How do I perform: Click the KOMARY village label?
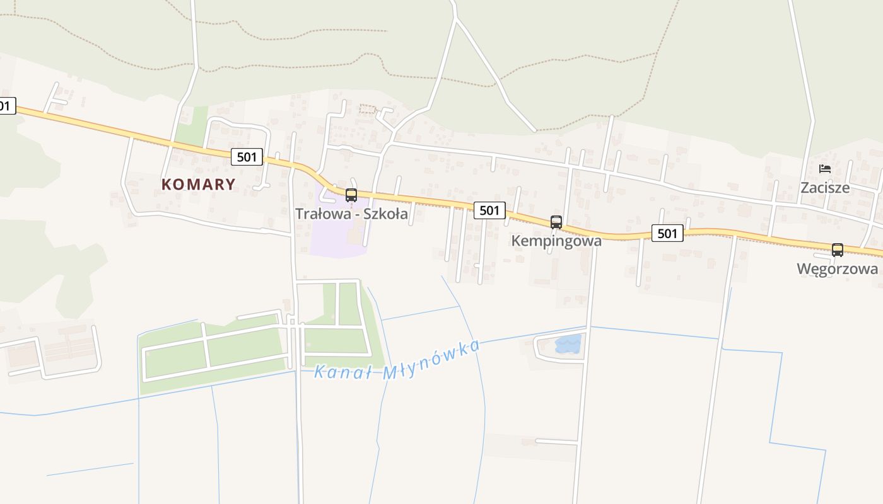199,185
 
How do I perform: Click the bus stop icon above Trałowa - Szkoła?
351,195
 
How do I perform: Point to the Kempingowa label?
556,241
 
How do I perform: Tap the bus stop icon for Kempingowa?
556,222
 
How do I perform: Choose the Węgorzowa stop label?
837,269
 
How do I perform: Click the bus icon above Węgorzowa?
838,250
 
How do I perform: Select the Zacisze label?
825,188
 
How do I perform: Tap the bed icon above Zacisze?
825,169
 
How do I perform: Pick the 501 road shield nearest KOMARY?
246,157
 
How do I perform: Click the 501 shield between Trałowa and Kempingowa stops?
489,210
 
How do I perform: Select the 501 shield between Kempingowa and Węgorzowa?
667,234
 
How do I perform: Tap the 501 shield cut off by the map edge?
6,106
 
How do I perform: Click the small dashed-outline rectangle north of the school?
367,109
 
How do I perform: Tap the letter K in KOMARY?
167,185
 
